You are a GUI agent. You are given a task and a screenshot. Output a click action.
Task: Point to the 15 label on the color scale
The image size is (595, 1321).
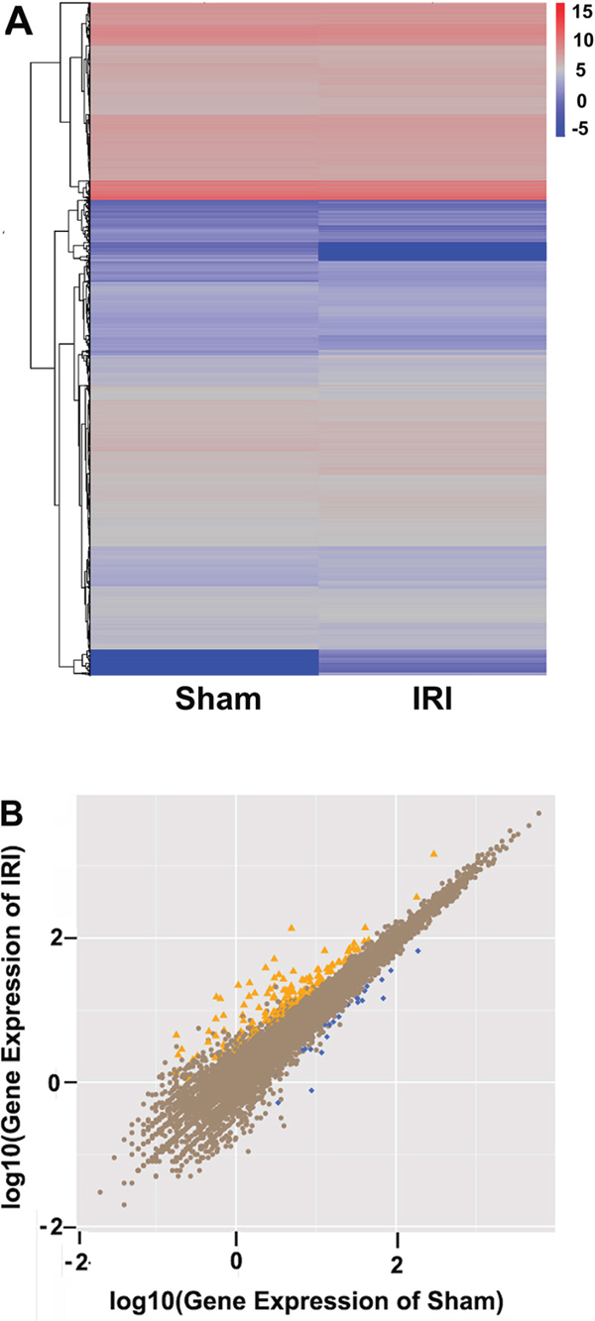(582, 12)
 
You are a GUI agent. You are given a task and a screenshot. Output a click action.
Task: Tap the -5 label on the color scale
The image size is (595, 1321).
(580, 128)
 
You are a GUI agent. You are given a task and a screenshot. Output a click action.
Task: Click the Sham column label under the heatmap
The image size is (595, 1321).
(218, 699)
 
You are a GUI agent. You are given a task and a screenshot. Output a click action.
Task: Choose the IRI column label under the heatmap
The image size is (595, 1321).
(432, 699)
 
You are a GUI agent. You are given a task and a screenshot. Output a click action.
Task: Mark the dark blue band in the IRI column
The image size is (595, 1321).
(432, 252)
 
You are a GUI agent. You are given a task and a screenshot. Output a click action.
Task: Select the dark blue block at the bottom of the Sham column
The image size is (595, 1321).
(204, 662)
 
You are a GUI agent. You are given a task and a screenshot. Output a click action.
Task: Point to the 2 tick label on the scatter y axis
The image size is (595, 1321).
(57, 937)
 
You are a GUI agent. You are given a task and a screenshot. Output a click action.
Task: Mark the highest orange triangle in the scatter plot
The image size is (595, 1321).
(434, 853)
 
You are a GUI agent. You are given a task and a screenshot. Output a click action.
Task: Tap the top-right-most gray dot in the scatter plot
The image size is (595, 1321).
(538, 814)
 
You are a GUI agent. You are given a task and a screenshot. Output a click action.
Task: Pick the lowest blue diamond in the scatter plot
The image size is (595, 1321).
(279, 1102)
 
